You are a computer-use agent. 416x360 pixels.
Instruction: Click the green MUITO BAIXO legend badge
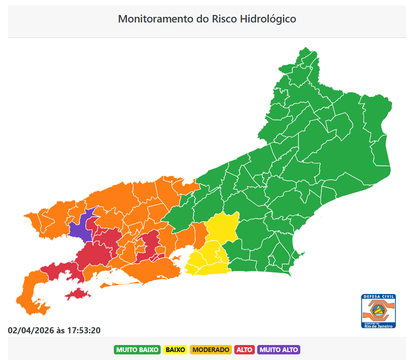click(x=137, y=350)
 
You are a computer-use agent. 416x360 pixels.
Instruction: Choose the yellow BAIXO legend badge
click(x=175, y=350)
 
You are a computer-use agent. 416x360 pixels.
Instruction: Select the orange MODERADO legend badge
click(x=211, y=350)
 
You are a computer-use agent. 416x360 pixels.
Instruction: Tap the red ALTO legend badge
click(x=244, y=350)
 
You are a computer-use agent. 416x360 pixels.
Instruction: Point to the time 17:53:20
click(x=83, y=330)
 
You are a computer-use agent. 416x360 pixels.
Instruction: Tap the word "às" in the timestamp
click(x=60, y=330)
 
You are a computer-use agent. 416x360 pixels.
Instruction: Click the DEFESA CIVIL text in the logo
click(x=379, y=297)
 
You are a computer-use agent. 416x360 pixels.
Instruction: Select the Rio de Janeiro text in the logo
click(x=379, y=326)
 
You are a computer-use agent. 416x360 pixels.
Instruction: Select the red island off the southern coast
click(x=78, y=294)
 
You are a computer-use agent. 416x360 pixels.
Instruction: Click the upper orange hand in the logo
click(x=379, y=304)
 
